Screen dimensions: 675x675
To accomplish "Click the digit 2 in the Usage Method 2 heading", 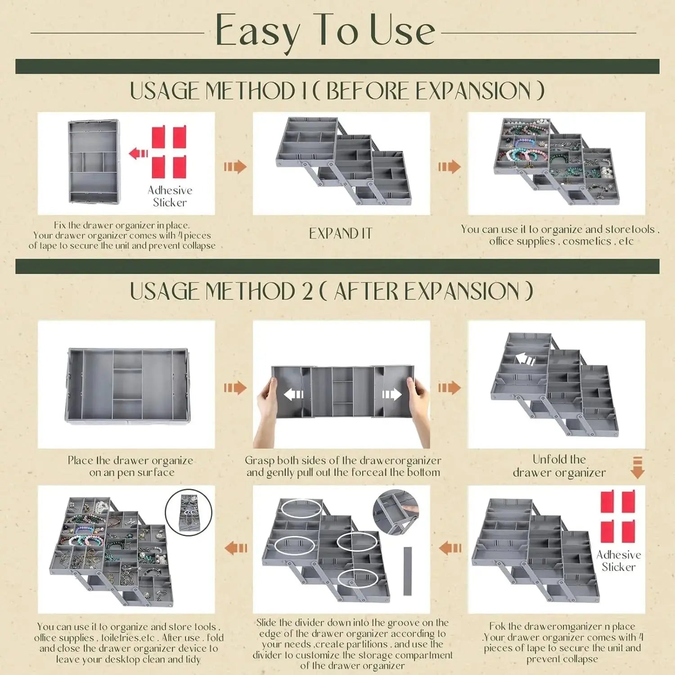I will pos(307,291).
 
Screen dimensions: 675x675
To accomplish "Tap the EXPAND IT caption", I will pos(341,234).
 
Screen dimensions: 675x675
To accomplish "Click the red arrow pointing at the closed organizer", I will pos(139,153).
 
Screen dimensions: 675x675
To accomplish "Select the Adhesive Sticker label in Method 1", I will pos(170,196).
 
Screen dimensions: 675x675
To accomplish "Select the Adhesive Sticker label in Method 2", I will pos(619,561).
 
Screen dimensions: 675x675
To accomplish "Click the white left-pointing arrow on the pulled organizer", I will pos(293,395).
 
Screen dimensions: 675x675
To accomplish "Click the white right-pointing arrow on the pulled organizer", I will pos(391,395).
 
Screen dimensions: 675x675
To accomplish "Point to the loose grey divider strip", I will pos(408,571).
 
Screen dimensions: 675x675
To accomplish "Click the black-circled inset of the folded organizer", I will pos(188,512).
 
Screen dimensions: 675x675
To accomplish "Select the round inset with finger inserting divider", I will pos(396,512).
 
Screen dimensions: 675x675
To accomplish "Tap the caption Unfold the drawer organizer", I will pos(559,466).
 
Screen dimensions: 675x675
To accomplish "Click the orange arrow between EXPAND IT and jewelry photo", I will pos(449,167).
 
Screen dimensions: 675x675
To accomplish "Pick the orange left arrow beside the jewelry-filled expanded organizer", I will pos(236,548).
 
